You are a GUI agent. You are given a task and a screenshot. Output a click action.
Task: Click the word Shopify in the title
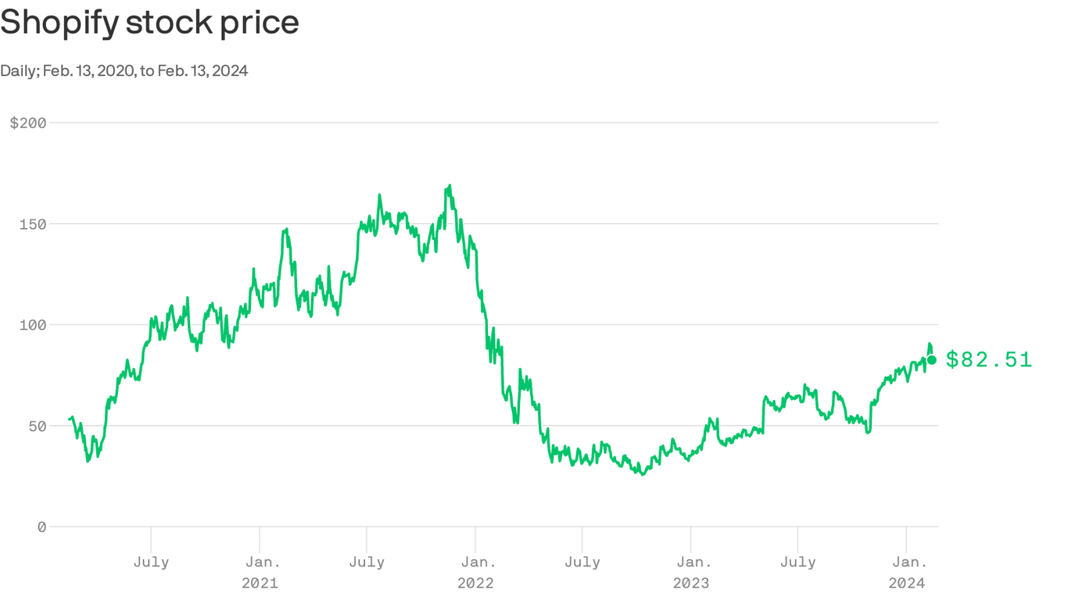[x=59, y=22]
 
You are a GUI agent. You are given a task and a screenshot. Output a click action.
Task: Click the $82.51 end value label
[x=989, y=359]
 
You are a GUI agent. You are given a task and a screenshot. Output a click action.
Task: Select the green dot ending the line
[x=931, y=360]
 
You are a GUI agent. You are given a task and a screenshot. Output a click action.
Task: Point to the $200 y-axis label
[x=28, y=123]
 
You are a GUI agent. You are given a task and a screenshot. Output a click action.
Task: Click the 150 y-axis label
[x=32, y=224]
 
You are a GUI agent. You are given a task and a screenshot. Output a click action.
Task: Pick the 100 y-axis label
[x=32, y=325]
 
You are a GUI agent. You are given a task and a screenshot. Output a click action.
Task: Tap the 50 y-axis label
[x=37, y=426]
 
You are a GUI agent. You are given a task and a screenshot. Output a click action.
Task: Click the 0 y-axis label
[x=41, y=527]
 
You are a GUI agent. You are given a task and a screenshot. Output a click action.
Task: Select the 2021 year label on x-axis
[x=260, y=583]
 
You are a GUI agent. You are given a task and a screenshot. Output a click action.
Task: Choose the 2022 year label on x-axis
[x=475, y=583]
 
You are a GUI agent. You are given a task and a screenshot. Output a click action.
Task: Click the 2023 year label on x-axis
[x=691, y=583]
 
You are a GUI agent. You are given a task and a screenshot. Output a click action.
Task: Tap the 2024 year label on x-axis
[x=907, y=583]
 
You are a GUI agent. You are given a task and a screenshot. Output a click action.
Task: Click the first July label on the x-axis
[x=151, y=562]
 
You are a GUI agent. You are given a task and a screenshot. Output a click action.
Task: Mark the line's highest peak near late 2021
[x=450, y=186]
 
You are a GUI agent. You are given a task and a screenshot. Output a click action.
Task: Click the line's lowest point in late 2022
[x=643, y=474]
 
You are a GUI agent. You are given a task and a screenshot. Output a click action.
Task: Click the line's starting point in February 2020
[x=70, y=420]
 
